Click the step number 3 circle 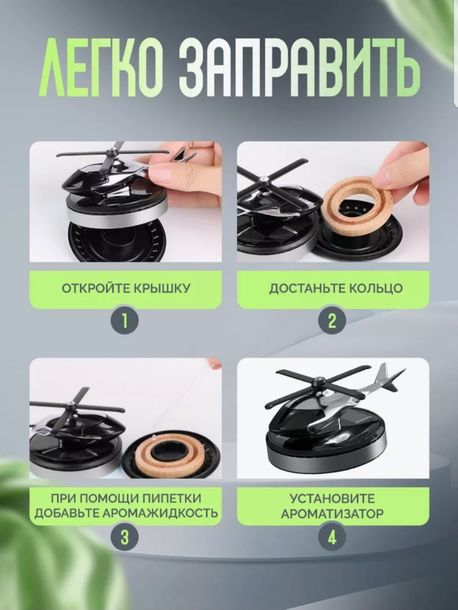tap(125, 537)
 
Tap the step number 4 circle tap(333, 537)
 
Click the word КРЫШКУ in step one tap(162, 288)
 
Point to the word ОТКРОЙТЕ tap(96, 288)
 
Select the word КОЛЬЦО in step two tap(375, 288)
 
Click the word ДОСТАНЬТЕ tap(307, 288)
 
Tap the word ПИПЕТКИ tap(172, 498)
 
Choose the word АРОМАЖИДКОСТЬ tap(160, 513)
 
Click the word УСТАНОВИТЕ tap(333, 498)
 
